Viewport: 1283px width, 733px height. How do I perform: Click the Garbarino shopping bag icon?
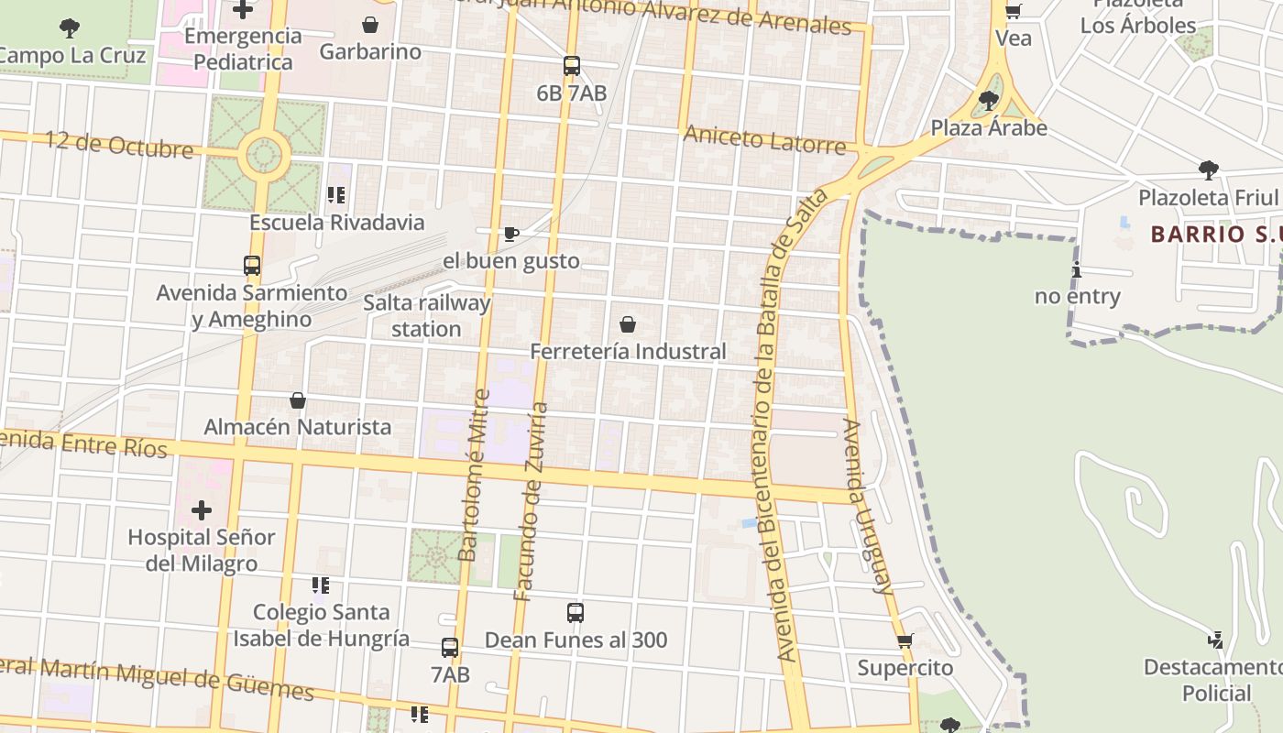pyautogui.click(x=370, y=25)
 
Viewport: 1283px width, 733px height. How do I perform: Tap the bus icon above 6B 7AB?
pyautogui.click(x=572, y=66)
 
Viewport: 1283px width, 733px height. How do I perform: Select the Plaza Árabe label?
pyautogui.click(x=989, y=128)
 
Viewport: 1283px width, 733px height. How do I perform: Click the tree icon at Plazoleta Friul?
pyautogui.click(x=1208, y=170)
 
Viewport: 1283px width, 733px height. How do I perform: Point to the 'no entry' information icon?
pyautogui.click(x=1077, y=270)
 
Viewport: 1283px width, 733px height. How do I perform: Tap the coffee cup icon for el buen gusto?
pyautogui.click(x=511, y=235)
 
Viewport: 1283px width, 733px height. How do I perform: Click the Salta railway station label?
pyautogui.click(x=426, y=315)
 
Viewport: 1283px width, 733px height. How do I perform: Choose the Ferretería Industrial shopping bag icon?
pyautogui.click(x=628, y=324)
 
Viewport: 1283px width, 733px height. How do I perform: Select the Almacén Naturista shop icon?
pyautogui.click(x=298, y=400)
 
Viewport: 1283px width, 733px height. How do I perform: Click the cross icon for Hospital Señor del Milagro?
pyautogui.click(x=202, y=510)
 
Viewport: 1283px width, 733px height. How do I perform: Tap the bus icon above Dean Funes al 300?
pyautogui.click(x=576, y=613)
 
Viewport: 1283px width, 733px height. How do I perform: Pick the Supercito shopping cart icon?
pyautogui.click(x=905, y=641)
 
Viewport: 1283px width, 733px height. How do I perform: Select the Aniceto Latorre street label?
pyautogui.click(x=764, y=140)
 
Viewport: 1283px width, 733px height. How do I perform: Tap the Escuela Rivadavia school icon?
pyautogui.click(x=336, y=195)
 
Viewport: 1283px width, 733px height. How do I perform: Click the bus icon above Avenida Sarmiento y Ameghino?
pyautogui.click(x=252, y=266)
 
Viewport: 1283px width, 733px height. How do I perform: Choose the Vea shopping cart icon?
pyautogui.click(x=1014, y=12)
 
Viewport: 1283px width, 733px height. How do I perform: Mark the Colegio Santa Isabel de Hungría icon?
pyautogui.click(x=320, y=585)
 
